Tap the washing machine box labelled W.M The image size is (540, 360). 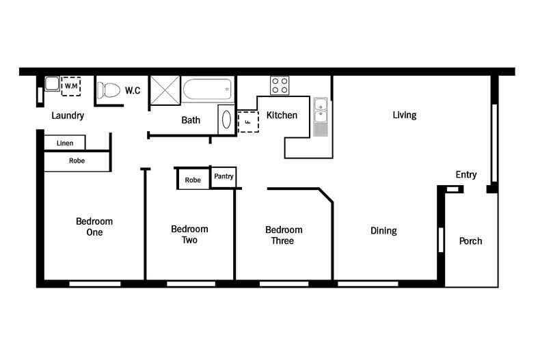click(70, 87)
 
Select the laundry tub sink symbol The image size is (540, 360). click(52, 85)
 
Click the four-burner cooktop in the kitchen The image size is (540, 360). click(279, 85)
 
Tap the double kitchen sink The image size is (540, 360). click(321, 110)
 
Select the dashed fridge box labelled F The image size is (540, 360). click(247, 122)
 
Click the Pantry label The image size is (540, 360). click(224, 176)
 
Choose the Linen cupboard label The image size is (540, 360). click(65, 143)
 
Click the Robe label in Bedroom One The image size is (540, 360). click(77, 161)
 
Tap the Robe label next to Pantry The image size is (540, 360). click(193, 180)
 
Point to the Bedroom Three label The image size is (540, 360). click(284, 235)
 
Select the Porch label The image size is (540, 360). click(470, 241)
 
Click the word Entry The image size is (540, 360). click(466, 175)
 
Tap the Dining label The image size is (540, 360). click(383, 231)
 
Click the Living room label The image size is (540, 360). click(404, 115)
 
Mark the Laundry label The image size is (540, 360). click(68, 115)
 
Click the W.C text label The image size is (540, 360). click(133, 90)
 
